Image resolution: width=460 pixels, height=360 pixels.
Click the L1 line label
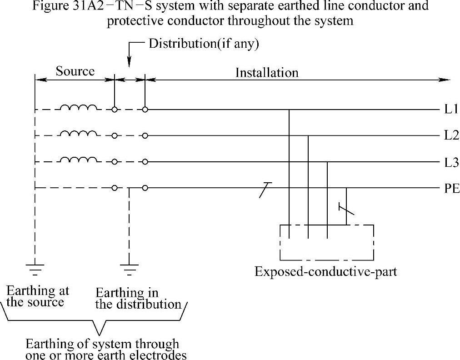(450, 110)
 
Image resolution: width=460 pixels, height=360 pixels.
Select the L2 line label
(451, 135)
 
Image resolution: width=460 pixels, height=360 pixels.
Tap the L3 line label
(451, 162)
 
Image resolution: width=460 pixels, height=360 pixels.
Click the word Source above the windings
(75, 71)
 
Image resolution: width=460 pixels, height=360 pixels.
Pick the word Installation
(267, 72)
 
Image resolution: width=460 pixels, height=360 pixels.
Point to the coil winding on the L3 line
(79, 160)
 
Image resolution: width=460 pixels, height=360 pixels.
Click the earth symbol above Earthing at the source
(35, 268)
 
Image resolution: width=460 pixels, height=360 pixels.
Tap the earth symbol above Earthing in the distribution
(130, 268)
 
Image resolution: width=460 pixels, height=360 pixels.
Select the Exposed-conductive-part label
(325, 272)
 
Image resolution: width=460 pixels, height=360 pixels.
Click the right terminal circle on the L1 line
(145, 110)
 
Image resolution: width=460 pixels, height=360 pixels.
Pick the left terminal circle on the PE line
(115, 188)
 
